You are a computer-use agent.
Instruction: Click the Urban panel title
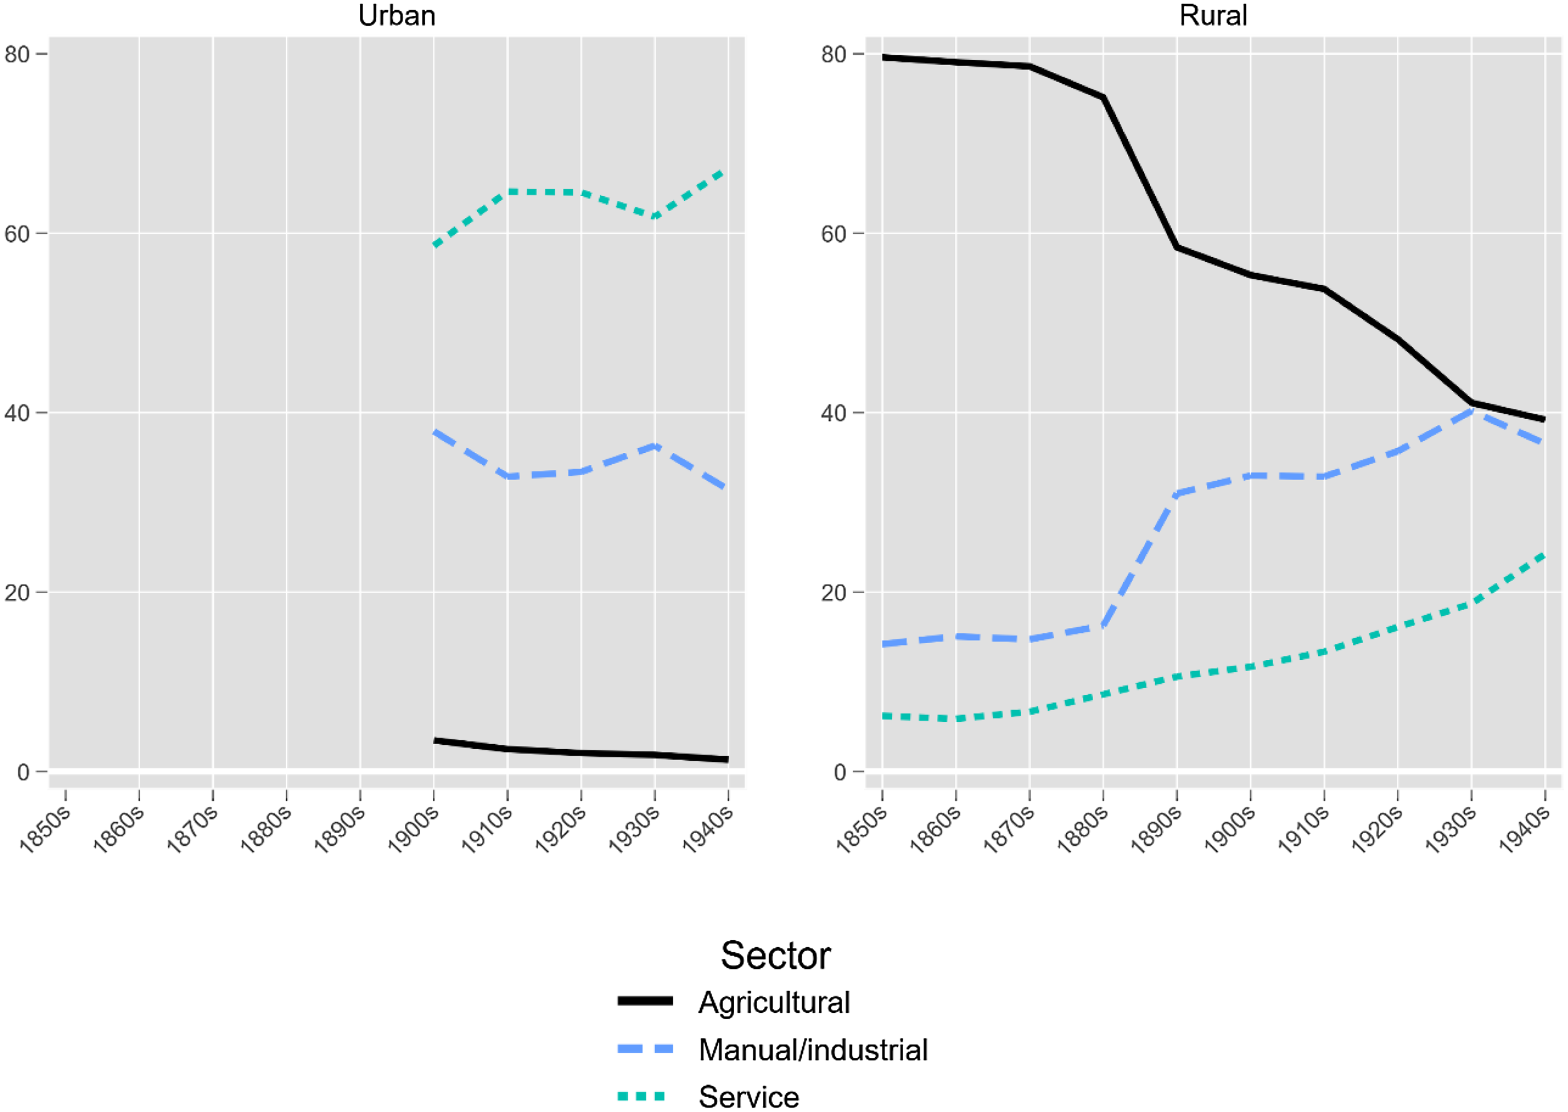[396, 16]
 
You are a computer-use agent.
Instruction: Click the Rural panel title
[1213, 16]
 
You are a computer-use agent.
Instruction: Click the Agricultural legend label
[774, 1003]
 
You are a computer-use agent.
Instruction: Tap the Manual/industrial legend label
[813, 1050]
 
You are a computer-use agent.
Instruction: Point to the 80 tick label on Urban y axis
[17, 54]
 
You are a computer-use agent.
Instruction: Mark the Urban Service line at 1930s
[655, 216]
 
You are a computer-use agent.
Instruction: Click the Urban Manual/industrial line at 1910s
[507, 476]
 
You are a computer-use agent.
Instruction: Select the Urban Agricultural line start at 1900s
[436, 740]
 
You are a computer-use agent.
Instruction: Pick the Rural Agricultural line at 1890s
[1176, 246]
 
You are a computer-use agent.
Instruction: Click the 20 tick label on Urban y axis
[17, 592]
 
